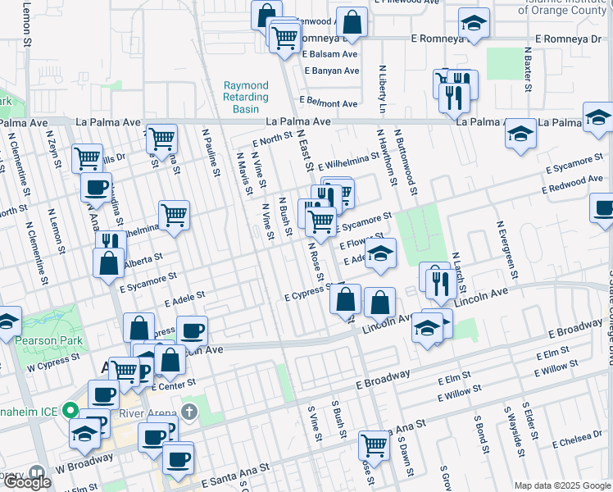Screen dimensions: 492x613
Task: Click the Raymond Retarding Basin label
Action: (246, 97)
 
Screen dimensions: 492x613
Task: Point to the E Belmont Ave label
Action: (329, 104)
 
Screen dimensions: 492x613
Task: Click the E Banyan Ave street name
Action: (331, 71)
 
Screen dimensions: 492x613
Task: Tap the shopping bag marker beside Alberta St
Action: (108, 263)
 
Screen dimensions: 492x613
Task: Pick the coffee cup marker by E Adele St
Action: (192, 330)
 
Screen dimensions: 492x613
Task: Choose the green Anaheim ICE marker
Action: (70, 411)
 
